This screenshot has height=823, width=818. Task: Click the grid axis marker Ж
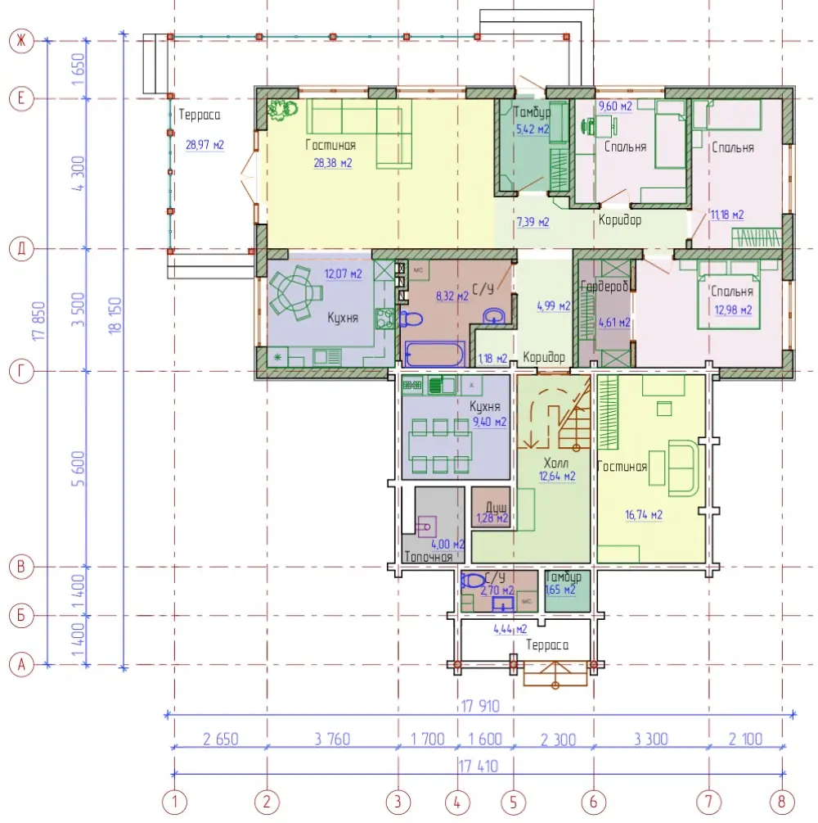(x=21, y=40)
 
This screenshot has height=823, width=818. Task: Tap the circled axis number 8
(x=781, y=802)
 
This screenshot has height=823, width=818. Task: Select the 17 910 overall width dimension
(x=480, y=706)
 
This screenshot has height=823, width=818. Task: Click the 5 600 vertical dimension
(x=78, y=468)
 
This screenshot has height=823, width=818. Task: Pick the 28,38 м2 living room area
(x=333, y=163)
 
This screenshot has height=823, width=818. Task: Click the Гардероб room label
(x=604, y=286)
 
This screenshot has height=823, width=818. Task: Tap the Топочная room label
(x=429, y=557)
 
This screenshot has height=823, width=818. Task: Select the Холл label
(x=556, y=463)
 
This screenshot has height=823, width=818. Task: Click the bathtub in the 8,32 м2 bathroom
(x=434, y=354)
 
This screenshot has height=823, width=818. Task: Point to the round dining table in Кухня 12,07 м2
(x=297, y=292)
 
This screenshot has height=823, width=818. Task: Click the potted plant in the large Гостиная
(x=282, y=110)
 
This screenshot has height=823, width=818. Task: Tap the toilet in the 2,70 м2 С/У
(x=473, y=581)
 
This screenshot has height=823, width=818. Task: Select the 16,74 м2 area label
(x=644, y=515)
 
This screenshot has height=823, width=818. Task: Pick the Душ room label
(x=496, y=507)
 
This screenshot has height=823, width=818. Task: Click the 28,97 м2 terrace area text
(x=205, y=145)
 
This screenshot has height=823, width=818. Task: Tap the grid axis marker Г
(x=21, y=371)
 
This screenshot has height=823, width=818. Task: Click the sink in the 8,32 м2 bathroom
(x=493, y=316)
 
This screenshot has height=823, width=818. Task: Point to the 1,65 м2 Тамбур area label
(x=560, y=590)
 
